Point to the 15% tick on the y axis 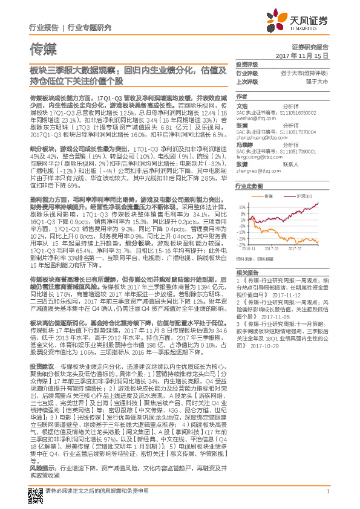click(241, 206)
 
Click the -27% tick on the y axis click(241, 244)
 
